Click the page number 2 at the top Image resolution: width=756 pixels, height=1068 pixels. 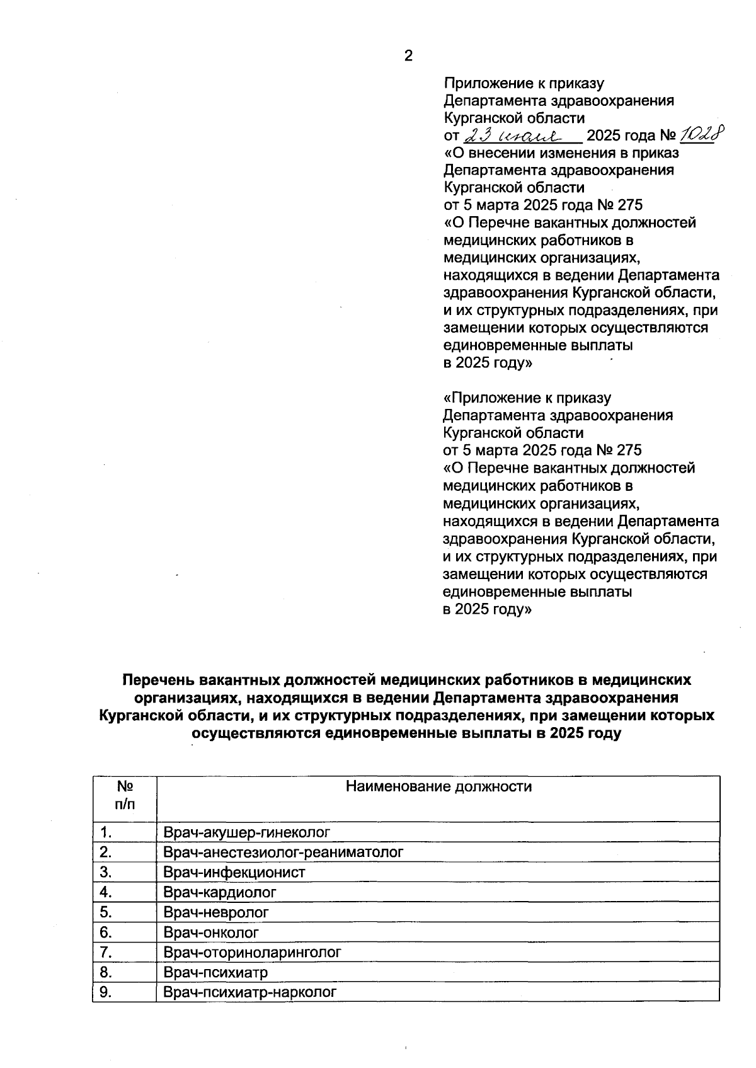(408, 56)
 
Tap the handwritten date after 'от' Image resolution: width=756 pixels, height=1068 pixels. (519, 135)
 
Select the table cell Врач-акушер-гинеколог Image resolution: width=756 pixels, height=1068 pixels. (246, 832)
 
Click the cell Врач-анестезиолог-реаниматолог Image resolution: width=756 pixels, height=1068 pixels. (283, 853)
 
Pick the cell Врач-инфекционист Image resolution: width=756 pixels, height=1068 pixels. (234, 873)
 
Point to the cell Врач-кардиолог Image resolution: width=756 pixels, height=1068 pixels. (220, 892)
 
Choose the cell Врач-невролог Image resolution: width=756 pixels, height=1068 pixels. (216, 912)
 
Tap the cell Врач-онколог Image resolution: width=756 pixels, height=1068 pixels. (211, 933)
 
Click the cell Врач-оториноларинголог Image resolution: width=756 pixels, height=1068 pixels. (252, 952)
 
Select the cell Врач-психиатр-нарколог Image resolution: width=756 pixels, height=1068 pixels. (249, 992)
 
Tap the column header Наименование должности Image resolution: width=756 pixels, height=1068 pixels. (438, 786)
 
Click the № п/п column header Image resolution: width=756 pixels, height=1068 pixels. (125, 795)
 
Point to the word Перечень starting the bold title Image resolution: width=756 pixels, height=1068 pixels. (158, 680)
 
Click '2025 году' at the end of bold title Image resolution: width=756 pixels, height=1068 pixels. (585, 733)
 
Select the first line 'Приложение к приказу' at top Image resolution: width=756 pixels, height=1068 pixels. (524, 83)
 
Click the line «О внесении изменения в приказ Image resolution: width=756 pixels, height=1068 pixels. (561, 152)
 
